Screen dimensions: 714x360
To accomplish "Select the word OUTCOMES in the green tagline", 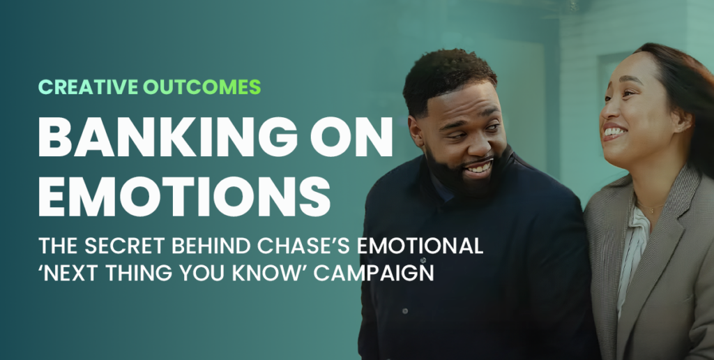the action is tap(202, 87).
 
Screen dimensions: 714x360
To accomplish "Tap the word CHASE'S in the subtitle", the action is tap(303, 246).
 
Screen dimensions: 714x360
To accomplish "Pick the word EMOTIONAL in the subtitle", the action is tap(419, 246).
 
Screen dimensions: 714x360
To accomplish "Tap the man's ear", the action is tap(416, 132).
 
